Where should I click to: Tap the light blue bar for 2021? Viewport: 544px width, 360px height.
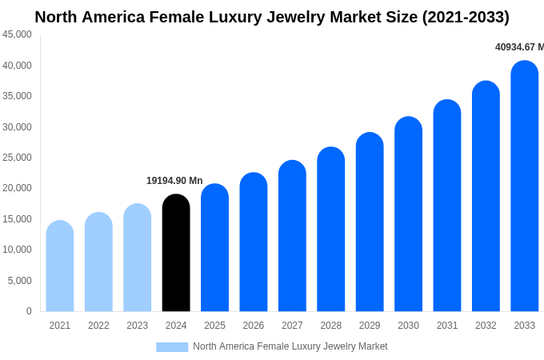tap(60, 266)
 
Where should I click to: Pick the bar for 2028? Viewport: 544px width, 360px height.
tap(331, 230)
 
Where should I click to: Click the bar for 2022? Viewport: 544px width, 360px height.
tap(98, 262)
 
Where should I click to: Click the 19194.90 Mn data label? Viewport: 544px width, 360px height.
tap(174, 181)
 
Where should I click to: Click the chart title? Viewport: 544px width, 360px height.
tap(272, 17)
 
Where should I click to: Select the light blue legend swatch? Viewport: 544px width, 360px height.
tap(172, 346)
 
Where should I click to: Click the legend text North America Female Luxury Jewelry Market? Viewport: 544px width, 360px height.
tap(290, 346)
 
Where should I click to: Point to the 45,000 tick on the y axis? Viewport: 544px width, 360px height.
tap(18, 34)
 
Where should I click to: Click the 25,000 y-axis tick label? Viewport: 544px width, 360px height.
tap(18, 158)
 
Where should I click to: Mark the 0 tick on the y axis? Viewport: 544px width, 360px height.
tap(29, 311)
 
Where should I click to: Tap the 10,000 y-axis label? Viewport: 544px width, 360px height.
tap(18, 250)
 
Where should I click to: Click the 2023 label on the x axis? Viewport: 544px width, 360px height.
tap(138, 326)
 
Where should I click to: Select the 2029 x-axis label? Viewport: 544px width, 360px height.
tap(370, 326)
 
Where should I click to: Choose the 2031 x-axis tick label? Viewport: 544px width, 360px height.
tap(447, 326)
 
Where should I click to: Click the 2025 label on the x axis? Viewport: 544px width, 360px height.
tap(214, 326)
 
